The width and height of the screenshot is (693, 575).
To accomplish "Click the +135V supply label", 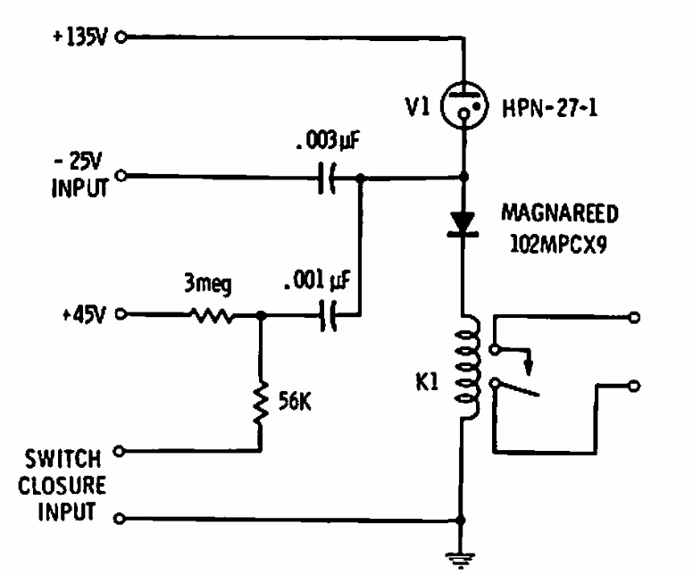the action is [x=80, y=37].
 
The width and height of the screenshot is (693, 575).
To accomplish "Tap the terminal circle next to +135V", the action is [x=121, y=37].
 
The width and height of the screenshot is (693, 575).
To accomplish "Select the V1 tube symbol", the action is [x=464, y=105].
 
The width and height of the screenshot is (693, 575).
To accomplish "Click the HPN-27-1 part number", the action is [x=550, y=108].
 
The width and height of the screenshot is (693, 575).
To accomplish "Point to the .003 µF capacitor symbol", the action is [x=327, y=178].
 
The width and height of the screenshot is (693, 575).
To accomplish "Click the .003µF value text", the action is [x=328, y=141].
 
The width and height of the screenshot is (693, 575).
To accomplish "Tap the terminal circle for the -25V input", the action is [x=121, y=176].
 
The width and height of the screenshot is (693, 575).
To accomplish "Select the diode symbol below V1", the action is [x=463, y=224].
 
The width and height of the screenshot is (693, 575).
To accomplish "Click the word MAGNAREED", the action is [x=560, y=213].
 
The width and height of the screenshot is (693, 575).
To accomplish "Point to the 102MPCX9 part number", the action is [x=559, y=244].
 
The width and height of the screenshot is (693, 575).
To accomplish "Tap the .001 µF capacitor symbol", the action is [x=328, y=315].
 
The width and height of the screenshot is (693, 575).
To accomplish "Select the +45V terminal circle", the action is [x=121, y=314].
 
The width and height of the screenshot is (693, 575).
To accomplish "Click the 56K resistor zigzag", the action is [x=261, y=403].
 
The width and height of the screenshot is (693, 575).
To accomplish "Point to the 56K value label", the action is [x=295, y=401].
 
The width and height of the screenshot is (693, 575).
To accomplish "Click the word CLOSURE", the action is [x=62, y=486].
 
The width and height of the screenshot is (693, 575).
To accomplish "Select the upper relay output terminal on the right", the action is [x=634, y=317].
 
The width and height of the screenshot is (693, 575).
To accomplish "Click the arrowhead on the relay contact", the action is [x=528, y=367].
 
